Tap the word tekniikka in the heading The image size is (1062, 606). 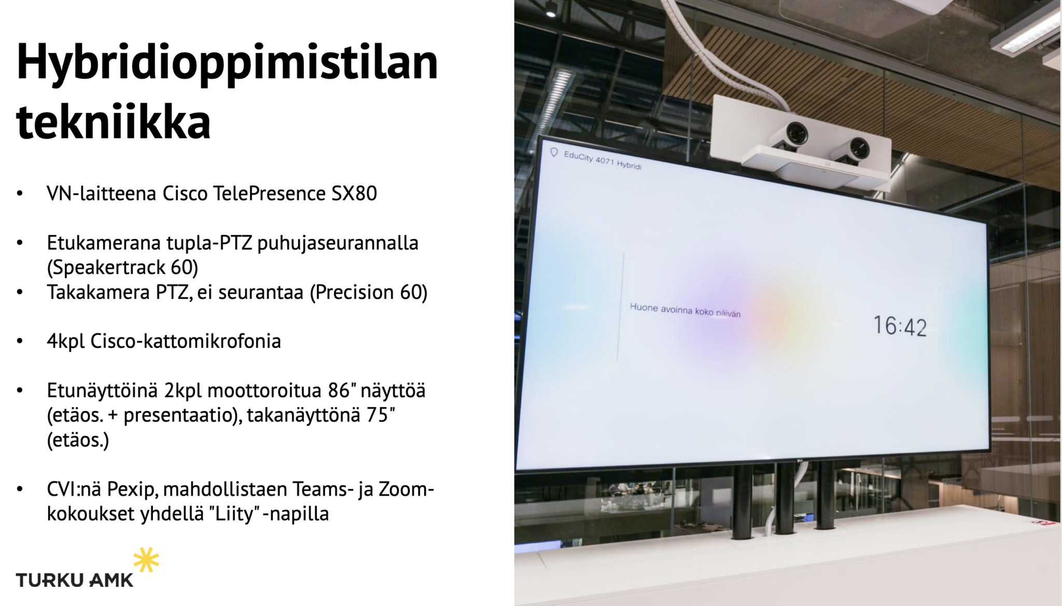click(114, 122)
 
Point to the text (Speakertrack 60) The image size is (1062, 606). click(122, 267)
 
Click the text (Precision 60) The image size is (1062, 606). click(369, 292)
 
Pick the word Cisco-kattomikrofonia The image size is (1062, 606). click(186, 341)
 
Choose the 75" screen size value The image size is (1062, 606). click(381, 415)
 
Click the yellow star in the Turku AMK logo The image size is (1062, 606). click(146, 560)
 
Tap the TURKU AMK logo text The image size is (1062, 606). click(75, 580)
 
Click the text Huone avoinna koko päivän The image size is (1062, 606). click(685, 310)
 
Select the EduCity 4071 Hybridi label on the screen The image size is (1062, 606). click(603, 160)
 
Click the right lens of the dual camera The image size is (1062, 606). click(858, 149)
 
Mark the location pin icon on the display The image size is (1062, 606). click(554, 152)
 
